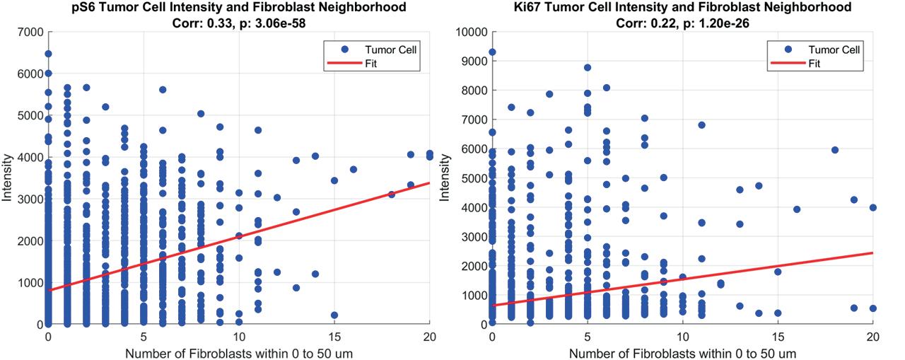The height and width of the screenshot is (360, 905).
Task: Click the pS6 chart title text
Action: tap(239, 7)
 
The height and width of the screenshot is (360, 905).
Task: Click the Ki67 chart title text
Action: tap(683, 7)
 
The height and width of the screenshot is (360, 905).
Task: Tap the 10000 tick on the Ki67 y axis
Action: tap(471, 33)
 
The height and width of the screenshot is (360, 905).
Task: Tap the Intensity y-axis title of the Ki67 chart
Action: tap(445, 179)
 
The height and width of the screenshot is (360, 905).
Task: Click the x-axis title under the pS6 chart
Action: tap(239, 352)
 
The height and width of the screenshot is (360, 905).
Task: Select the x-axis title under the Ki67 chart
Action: tap(683, 352)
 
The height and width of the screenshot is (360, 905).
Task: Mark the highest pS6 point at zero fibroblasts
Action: tap(48, 54)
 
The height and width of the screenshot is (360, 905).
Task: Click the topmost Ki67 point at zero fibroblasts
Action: tap(492, 52)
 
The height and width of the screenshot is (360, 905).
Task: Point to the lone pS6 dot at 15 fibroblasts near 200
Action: tap(334, 315)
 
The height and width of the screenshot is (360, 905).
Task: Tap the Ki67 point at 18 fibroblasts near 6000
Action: tap(834, 150)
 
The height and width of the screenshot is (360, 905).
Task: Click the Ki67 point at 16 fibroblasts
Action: tap(796, 209)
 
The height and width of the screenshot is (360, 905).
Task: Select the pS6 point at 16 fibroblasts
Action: tap(354, 170)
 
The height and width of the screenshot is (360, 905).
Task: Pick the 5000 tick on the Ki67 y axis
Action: tap(475, 178)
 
